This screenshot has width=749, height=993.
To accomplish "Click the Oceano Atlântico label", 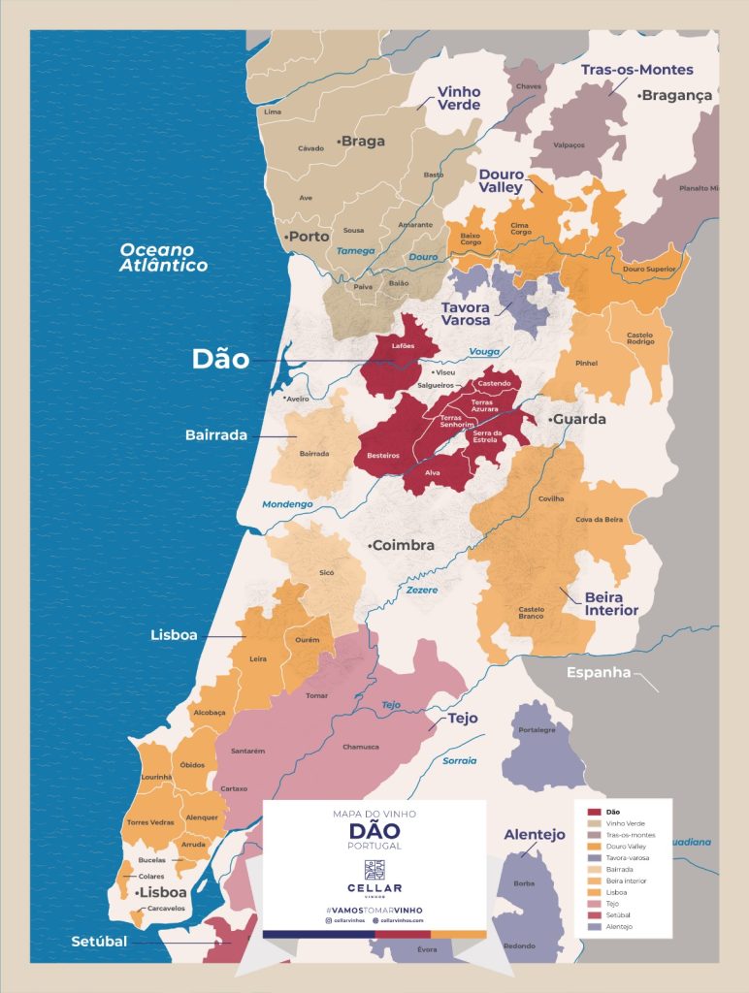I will (x=163, y=257).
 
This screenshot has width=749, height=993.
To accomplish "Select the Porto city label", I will (x=307, y=236).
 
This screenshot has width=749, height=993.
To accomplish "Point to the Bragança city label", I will (x=676, y=95).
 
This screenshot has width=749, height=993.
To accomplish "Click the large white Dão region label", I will (x=220, y=360).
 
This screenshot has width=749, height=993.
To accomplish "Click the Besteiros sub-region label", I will (x=384, y=454).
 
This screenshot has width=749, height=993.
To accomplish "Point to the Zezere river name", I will (x=422, y=590).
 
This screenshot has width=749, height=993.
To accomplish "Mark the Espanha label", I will (x=600, y=672).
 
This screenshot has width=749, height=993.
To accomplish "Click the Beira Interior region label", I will (x=611, y=603).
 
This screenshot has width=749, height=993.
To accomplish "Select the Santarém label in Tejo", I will (x=247, y=750).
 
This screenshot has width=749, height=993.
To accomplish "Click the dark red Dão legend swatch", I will (x=594, y=811).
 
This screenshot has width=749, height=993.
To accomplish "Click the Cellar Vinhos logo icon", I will (x=374, y=869).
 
